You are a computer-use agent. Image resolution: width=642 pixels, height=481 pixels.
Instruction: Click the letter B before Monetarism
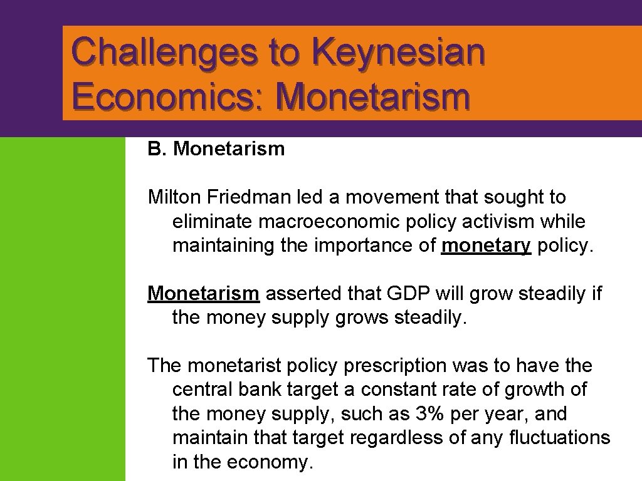154,149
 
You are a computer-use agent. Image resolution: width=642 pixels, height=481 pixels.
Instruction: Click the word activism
503,222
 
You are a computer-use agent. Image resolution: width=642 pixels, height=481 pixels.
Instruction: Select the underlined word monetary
486,246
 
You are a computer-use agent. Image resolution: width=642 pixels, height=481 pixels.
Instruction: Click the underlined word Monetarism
203,293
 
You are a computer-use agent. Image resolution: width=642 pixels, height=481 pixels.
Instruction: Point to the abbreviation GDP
407,293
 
